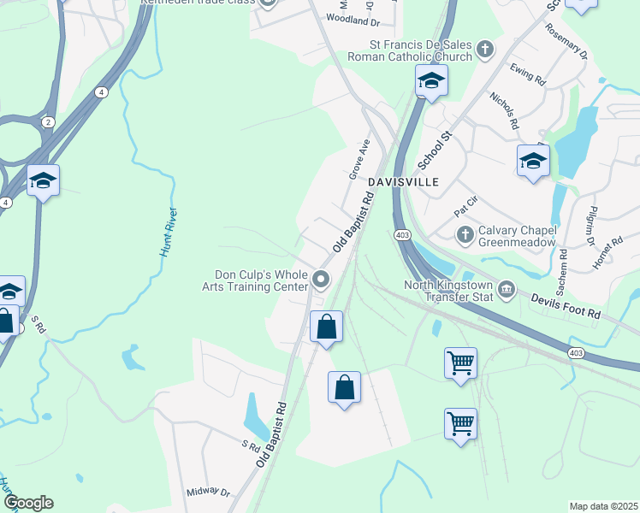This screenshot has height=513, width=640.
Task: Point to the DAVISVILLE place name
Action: pos(404,183)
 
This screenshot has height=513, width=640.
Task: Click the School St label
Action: pos(434,150)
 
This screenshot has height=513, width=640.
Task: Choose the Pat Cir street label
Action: pos(465,208)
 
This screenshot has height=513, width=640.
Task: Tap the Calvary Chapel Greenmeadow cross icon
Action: pos(465,234)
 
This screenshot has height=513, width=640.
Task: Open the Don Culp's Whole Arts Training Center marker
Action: pos(321,280)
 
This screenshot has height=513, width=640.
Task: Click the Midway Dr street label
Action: pos(209,492)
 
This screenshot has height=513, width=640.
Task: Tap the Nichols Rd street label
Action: pos(504,111)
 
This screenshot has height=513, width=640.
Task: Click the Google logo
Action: pos(28,503)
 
